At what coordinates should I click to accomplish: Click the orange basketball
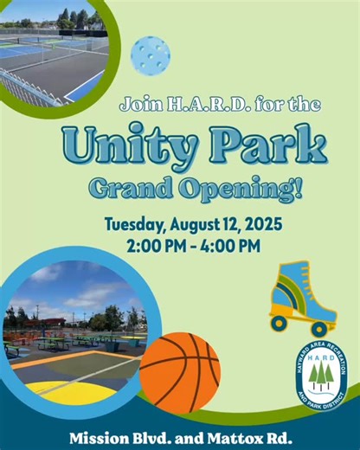(180, 373)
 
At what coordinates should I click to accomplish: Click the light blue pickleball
(150, 55)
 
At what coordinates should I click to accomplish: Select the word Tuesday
(137, 224)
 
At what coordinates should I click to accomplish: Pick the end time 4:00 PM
(227, 246)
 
